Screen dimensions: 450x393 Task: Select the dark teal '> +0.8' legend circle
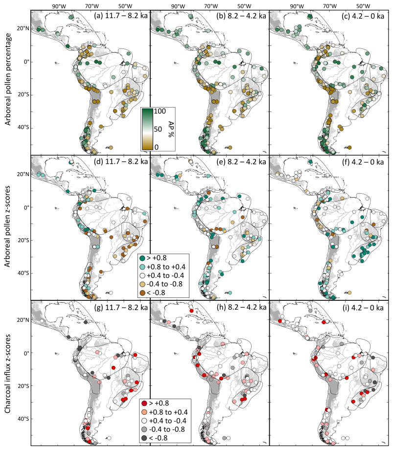pos(142,258)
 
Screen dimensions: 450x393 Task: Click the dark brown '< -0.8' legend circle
pos(142,292)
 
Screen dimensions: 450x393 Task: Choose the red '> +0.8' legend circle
pos(143,403)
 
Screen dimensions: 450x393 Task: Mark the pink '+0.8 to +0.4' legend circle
pos(143,411)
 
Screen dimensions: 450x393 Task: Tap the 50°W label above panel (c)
pos(363,6)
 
